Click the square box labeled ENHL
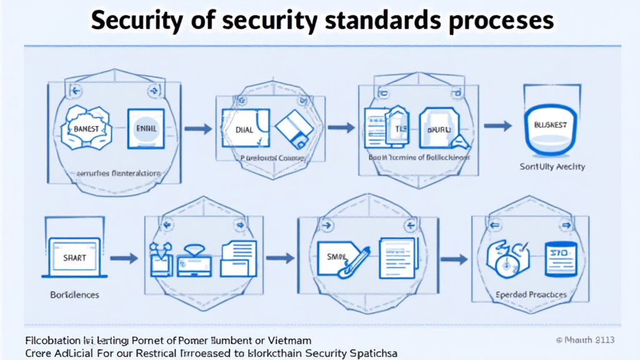pyautogui.click(x=145, y=128)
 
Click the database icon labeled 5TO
pyautogui.click(x=559, y=256)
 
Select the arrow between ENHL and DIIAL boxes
pyautogui.click(x=198, y=129)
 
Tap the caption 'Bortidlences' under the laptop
pyautogui.click(x=74, y=294)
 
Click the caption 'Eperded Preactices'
pyautogui.click(x=531, y=294)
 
